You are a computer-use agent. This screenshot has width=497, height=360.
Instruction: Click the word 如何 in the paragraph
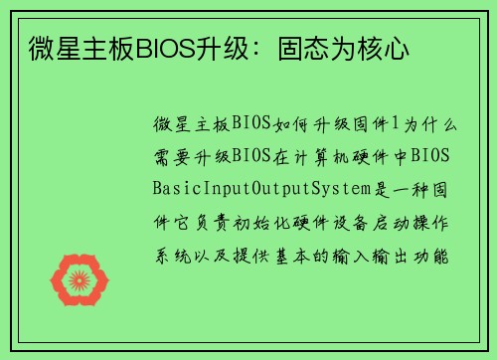[281, 123]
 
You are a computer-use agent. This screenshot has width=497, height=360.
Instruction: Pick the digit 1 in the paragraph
[397, 123]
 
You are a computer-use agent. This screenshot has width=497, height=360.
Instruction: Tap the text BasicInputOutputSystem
[255, 188]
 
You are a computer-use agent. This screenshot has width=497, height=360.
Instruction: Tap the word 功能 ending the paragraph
[438, 252]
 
